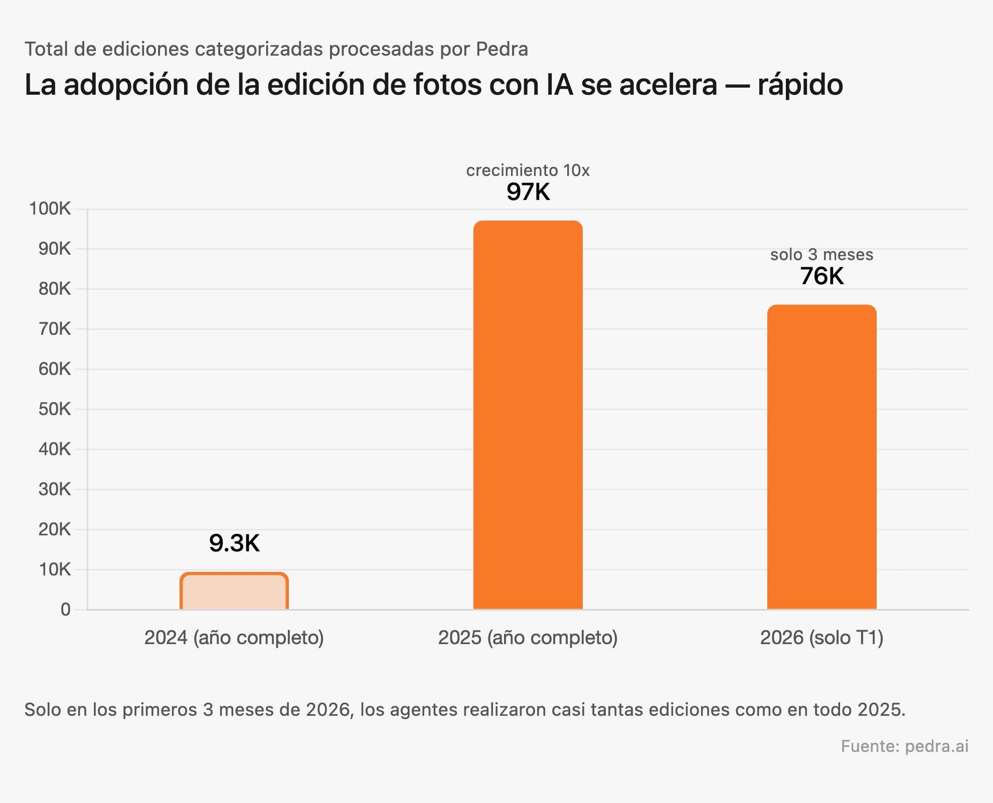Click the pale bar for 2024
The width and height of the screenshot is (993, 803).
tap(234, 591)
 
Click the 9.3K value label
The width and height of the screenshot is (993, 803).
tap(234, 543)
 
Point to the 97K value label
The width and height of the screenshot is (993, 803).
tap(528, 192)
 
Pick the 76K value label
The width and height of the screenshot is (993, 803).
tap(821, 276)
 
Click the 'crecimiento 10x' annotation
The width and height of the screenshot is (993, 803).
tap(528, 170)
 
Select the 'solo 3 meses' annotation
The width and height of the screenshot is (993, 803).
tap(821, 255)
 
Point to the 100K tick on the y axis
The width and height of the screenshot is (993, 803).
tap(50, 209)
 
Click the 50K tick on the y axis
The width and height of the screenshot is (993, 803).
tap(54, 409)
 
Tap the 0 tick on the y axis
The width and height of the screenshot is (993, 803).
tap(65, 610)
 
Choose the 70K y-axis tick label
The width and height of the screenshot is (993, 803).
tap(54, 329)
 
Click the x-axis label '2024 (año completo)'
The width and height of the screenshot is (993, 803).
tap(234, 638)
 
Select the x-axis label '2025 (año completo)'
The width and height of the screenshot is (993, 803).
tap(528, 638)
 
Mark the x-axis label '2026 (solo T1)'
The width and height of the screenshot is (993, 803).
tap(821, 638)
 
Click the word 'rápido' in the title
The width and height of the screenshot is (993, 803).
tap(800, 85)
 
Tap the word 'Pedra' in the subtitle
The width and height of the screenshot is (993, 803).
tap(502, 49)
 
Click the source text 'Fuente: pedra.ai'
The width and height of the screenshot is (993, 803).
tap(904, 746)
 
